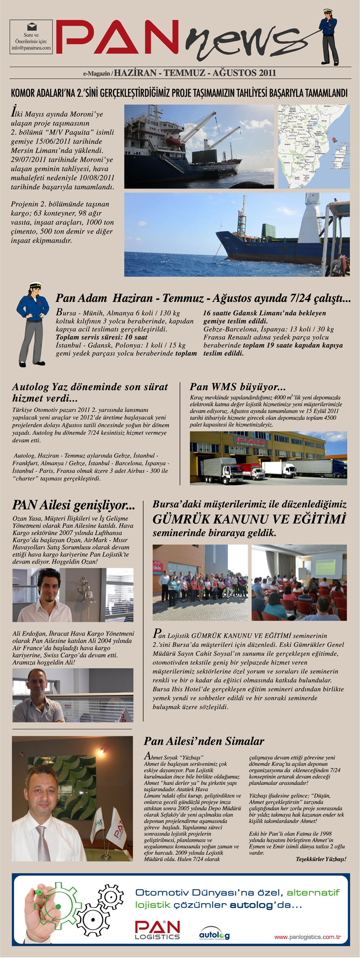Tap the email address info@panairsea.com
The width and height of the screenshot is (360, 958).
coord(31,48)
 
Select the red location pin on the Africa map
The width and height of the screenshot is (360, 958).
coord(334,140)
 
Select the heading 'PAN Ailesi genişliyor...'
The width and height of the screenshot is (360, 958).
coord(73,505)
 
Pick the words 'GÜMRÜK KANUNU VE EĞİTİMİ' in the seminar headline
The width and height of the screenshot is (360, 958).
coord(249,519)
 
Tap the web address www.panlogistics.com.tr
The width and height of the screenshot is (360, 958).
coord(307,937)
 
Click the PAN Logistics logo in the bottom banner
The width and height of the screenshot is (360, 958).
coord(157,930)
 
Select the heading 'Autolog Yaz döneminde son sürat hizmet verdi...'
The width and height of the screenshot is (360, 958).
coord(90,392)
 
